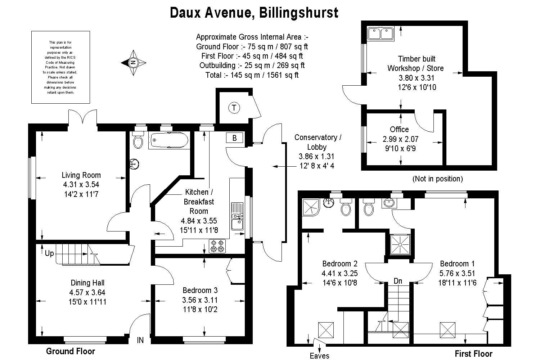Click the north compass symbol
coord(134,63)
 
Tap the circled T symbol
coord(234,107)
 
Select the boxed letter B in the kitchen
coord(235,138)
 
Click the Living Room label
coord(81,175)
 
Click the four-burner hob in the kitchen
coord(218,246)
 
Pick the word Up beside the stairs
coord(49,253)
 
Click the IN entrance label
coord(140,340)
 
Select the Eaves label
coord(319,356)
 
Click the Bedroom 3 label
coord(200,290)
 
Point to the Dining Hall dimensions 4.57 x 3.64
coord(87,293)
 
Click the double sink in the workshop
coord(381,33)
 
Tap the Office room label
coord(399,129)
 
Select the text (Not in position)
coord(437,179)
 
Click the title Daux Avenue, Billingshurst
coord(254,13)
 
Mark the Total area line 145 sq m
coord(252,75)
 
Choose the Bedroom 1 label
coord(454,264)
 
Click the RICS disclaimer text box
coord(60,67)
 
